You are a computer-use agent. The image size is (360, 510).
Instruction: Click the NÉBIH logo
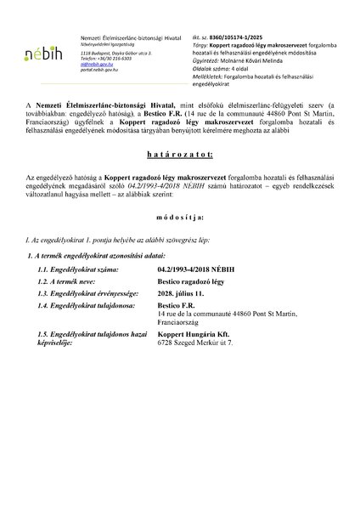(35, 51)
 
